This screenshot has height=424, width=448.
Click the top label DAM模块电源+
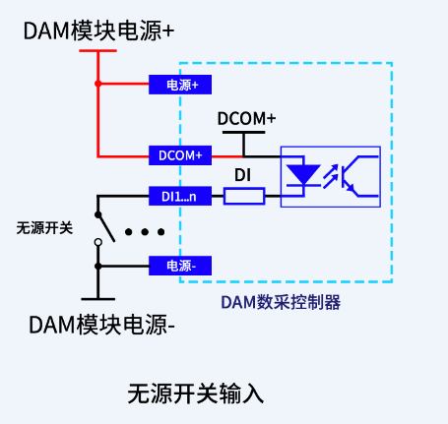click(x=98, y=30)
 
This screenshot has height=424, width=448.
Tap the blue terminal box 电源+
click(x=178, y=85)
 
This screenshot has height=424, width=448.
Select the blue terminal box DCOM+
click(x=178, y=155)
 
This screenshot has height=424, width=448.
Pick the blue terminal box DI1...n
click(x=178, y=197)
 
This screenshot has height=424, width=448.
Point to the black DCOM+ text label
click(x=246, y=119)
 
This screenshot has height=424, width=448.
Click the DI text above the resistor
click(x=244, y=175)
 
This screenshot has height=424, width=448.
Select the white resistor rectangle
click(x=244, y=197)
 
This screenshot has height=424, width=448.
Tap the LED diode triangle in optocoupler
click(x=301, y=175)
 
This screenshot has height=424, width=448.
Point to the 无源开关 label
click(x=44, y=228)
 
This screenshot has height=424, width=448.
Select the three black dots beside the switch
click(x=146, y=233)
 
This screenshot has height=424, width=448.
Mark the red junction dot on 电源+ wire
click(x=98, y=85)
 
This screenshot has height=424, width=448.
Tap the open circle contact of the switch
click(x=97, y=242)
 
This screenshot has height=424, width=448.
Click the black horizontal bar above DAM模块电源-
click(x=97, y=296)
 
